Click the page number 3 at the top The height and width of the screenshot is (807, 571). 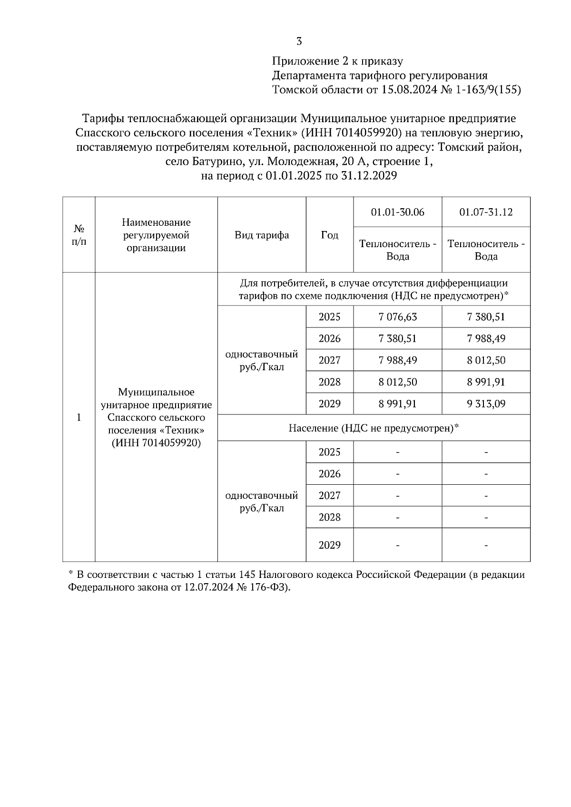tap(299, 41)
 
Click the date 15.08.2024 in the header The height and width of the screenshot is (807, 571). tap(409, 90)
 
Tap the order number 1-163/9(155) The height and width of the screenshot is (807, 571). tap(488, 90)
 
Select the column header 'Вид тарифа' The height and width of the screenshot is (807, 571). tap(262, 235)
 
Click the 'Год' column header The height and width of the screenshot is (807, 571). tap(329, 235)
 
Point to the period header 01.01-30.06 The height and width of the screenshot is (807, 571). tap(397, 212)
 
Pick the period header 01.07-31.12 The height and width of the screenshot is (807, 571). tap(486, 212)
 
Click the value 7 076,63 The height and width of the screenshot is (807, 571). tap(397, 317)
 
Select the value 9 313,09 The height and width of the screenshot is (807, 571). tap(486, 404)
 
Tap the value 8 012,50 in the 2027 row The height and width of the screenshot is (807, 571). tap(486, 360)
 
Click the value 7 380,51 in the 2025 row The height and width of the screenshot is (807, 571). tap(486, 317)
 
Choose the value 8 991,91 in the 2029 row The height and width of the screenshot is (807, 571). tap(397, 404)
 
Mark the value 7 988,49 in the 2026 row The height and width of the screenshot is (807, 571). tap(486, 338)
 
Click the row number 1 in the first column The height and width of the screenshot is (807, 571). tap(79, 417)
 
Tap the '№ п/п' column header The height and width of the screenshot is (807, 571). tap(79, 235)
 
